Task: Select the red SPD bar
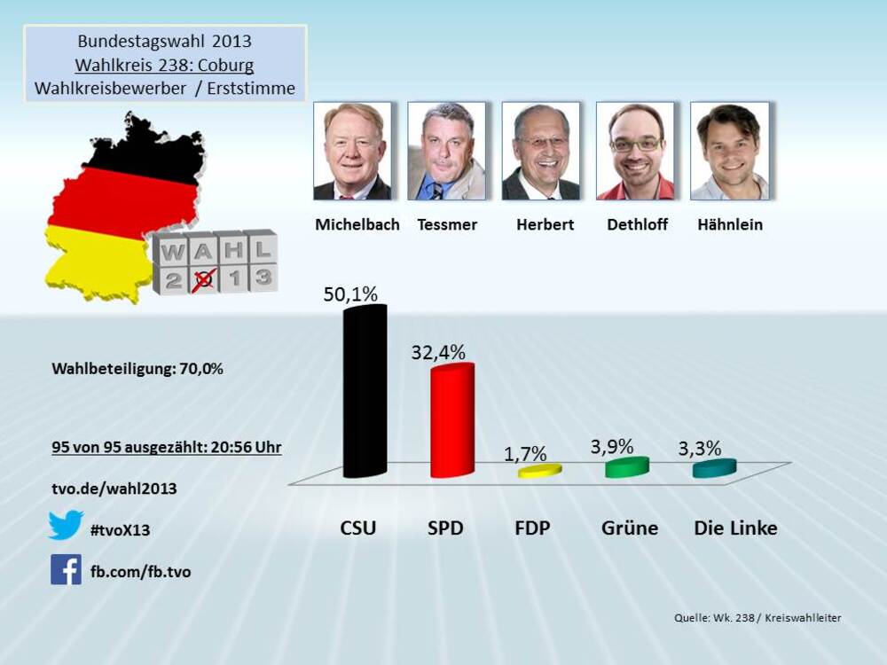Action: click(x=451, y=421)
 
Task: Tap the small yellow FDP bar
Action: click(x=539, y=470)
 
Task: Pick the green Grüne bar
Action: click(x=627, y=466)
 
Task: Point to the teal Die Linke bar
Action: click(x=714, y=467)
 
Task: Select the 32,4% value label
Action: click(x=438, y=352)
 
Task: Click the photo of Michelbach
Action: click(x=352, y=151)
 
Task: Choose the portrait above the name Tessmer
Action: click(x=446, y=151)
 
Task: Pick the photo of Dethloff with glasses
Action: click(x=635, y=151)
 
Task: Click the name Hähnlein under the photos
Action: click(x=729, y=224)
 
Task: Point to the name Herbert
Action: click(x=545, y=224)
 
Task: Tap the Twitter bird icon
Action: click(x=66, y=525)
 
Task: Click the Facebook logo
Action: click(x=66, y=569)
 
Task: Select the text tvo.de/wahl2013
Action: click(x=114, y=488)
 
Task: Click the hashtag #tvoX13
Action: click(x=120, y=530)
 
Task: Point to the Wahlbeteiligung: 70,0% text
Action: click(x=137, y=369)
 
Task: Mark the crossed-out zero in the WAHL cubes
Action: click(x=205, y=278)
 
